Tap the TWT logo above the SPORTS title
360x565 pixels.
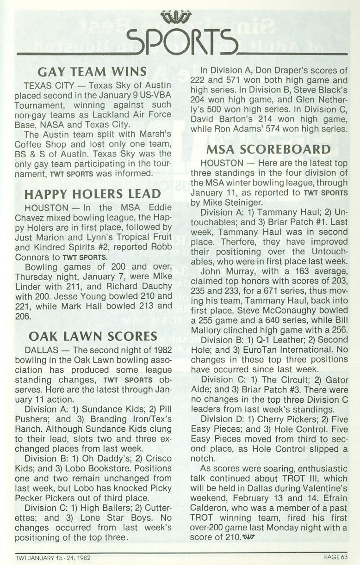coord(178,18)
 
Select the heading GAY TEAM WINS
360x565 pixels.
coord(93,72)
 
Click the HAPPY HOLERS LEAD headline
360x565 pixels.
coord(92,193)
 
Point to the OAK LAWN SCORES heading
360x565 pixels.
coord(92,336)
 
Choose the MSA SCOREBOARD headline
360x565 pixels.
coord(268,149)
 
